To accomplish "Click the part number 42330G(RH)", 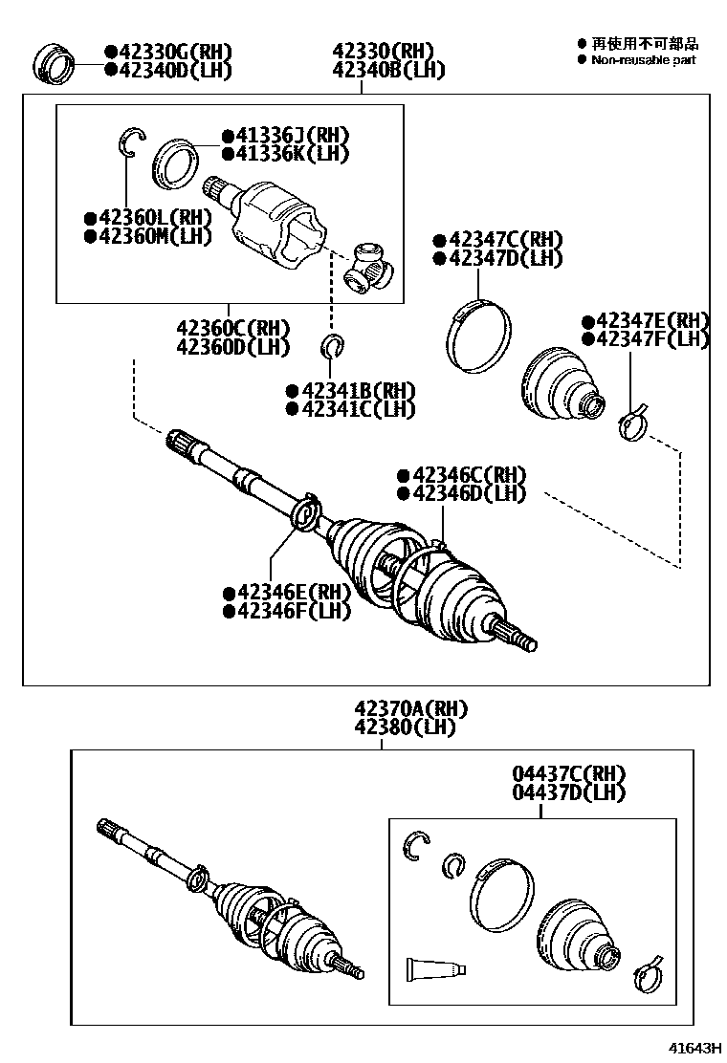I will tap(168, 53).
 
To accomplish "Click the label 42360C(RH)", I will tap(232, 329).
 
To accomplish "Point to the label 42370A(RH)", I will tap(410, 709).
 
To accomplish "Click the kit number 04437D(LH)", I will tap(568, 792).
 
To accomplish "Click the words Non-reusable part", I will tap(643, 60).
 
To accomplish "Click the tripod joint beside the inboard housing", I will tap(367, 268).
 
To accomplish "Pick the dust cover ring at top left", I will tap(56, 63).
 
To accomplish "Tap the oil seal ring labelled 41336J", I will tap(174, 161).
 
